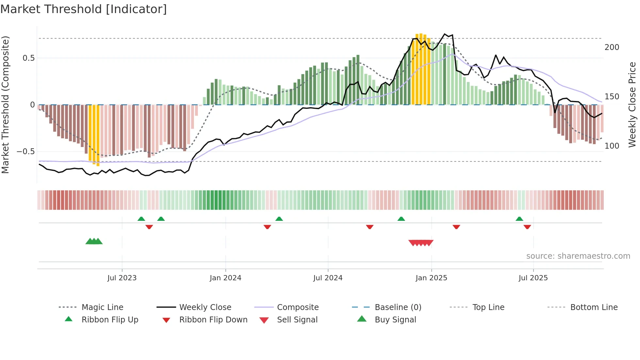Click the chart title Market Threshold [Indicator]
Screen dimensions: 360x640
(84, 9)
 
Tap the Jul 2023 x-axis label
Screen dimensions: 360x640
(122, 278)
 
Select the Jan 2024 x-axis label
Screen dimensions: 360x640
(225, 278)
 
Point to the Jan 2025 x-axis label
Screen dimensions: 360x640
(431, 278)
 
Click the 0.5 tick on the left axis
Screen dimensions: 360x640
(28, 58)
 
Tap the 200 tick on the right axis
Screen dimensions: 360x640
(612, 47)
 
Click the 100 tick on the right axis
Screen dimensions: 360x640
(612, 146)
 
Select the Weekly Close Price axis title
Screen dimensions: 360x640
(632, 105)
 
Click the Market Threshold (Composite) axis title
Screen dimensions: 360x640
(5, 105)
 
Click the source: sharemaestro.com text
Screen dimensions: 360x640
(578, 256)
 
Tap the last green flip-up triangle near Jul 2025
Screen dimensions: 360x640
(519, 219)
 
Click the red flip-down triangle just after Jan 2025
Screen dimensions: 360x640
(456, 227)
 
